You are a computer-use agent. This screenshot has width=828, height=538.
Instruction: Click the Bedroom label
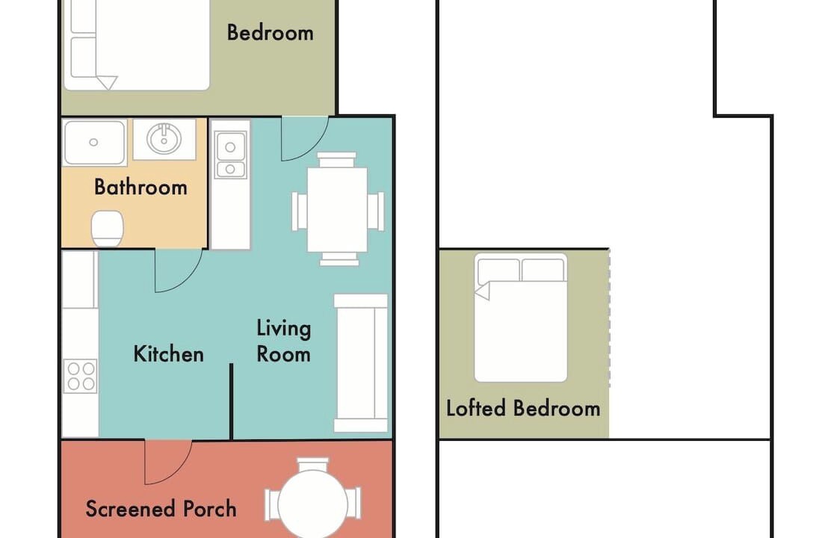[x=270, y=33]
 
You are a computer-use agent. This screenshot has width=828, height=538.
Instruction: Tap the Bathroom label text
[x=140, y=187]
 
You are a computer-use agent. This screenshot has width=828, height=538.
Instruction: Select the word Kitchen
[x=168, y=353]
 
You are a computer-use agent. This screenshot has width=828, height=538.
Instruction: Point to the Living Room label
[x=283, y=341]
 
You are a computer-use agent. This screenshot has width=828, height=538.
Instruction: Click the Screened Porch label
[x=161, y=509]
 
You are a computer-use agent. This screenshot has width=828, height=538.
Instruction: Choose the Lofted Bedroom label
[x=523, y=408]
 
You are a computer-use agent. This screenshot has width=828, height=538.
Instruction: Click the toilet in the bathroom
[x=107, y=228]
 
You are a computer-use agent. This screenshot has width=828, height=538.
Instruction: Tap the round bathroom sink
[x=164, y=139]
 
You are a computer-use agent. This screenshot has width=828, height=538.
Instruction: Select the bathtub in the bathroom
[x=94, y=142]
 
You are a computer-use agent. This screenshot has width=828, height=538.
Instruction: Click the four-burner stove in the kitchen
[x=80, y=376]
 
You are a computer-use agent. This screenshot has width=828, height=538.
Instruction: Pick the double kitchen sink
[x=230, y=154]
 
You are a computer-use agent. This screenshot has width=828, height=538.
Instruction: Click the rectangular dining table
[x=338, y=209]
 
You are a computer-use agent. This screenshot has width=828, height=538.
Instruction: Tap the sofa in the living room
[x=361, y=363]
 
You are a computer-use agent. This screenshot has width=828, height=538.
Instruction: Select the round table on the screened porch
[x=312, y=504]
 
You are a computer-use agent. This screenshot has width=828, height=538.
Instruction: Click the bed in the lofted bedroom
[x=521, y=318]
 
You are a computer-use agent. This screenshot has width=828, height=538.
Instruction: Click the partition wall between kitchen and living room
[x=232, y=401]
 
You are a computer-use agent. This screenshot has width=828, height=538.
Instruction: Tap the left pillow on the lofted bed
[x=498, y=270]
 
